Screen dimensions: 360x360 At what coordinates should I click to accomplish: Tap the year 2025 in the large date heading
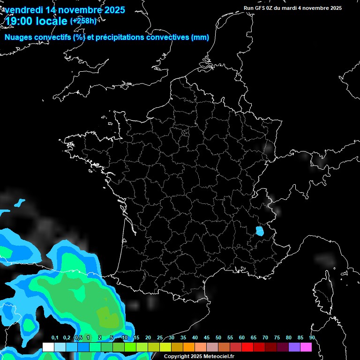[113, 9]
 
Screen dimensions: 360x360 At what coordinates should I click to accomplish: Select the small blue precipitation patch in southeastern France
[259, 231]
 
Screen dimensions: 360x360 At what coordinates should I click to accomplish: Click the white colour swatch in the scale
[48, 347]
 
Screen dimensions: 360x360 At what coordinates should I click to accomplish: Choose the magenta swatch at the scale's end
[306, 347]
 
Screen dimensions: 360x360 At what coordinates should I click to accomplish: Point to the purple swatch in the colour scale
[294, 347]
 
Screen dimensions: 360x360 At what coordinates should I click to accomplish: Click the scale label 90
[312, 337]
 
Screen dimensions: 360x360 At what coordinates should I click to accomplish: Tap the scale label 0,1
[55, 337]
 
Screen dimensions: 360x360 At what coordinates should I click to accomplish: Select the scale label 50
[218, 337]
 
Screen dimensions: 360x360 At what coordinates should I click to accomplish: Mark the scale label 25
[160, 337]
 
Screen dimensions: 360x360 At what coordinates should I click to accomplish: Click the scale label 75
[277, 337]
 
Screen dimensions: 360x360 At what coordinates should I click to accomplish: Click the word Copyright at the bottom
[177, 356]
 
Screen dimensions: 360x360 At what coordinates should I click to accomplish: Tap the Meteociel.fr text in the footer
[218, 356]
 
